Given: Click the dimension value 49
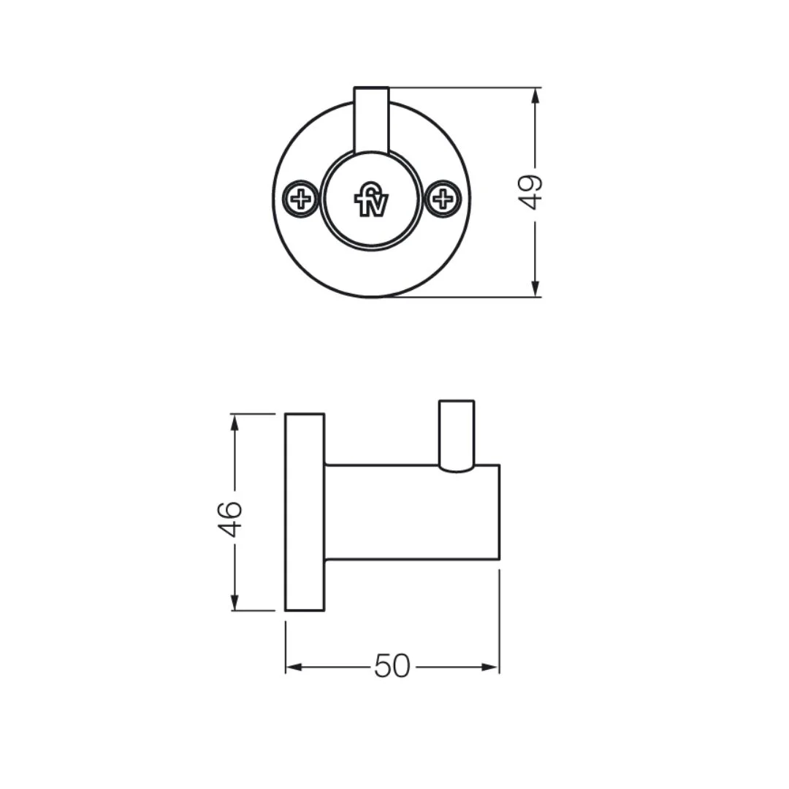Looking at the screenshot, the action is click(530, 191).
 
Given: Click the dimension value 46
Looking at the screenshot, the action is click(229, 519).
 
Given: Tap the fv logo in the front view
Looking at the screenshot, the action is click(371, 199).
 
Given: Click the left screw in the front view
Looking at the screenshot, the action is click(301, 199).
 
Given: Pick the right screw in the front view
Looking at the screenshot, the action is click(443, 199).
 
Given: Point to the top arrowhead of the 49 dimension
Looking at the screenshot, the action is click(535, 96).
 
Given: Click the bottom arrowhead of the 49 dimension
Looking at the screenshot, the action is click(535, 288).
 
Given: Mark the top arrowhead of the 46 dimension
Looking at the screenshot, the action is click(234, 423).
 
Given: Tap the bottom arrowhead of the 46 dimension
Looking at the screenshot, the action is click(234, 602).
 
